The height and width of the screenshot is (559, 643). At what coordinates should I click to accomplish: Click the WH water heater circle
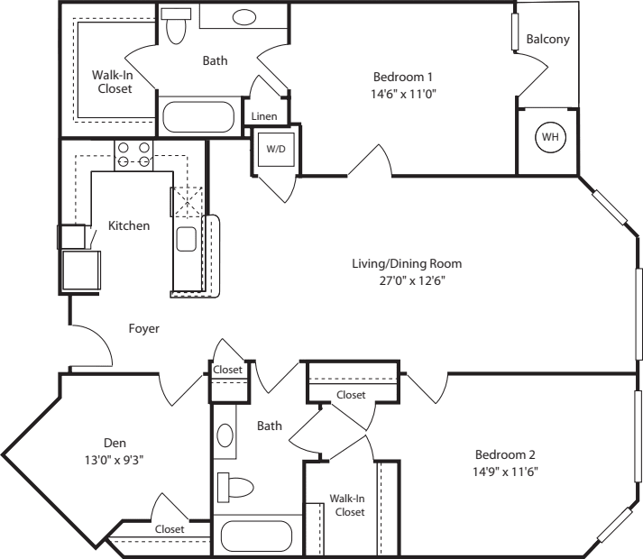(x=547, y=137)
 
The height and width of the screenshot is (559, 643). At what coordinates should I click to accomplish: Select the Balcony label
(x=548, y=40)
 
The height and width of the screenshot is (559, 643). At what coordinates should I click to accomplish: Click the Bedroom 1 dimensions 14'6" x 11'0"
(x=405, y=92)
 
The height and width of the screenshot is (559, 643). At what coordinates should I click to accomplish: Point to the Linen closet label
(x=264, y=116)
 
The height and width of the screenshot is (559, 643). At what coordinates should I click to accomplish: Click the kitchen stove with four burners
(x=133, y=155)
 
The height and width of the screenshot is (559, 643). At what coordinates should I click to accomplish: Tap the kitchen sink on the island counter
(x=187, y=239)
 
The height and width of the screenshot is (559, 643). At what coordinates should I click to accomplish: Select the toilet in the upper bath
(x=177, y=27)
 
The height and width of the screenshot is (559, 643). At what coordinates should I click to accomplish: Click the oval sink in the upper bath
(x=243, y=17)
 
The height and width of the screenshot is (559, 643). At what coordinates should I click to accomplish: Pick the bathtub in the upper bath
(x=197, y=118)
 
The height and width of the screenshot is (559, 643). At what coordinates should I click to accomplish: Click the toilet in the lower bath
(x=237, y=487)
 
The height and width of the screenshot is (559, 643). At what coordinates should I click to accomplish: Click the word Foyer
(x=143, y=329)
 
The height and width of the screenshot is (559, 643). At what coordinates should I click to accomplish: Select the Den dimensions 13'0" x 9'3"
(x=114, y=459)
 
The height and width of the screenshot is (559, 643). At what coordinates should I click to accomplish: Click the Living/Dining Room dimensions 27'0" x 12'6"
(x=407, y=279)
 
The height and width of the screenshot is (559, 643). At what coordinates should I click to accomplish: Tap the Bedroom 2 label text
(x=496, y=454)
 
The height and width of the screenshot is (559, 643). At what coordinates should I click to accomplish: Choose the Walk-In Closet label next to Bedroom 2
(x=347, y=505)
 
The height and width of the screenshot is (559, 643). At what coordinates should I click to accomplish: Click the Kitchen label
(x=129, y=225)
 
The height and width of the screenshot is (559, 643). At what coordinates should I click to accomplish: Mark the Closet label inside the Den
(x=170, y=529)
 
